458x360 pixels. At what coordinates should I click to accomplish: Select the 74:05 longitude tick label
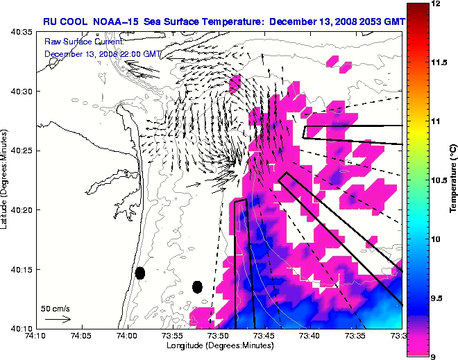(x=81, y=336)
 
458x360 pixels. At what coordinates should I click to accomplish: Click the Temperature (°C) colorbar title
(x=452, y=180)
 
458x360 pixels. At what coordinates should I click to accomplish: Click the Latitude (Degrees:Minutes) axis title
(x=6, y=180)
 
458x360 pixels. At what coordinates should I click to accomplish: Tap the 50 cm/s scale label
(x=56, y=307)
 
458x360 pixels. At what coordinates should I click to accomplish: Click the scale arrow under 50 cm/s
(x=57, y=319)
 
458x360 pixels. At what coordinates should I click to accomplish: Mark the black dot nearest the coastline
(x=140, y=273)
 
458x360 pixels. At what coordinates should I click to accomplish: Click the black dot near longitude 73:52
(x=197, y=286)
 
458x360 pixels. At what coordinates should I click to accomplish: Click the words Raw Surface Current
(x=76, y=42)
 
